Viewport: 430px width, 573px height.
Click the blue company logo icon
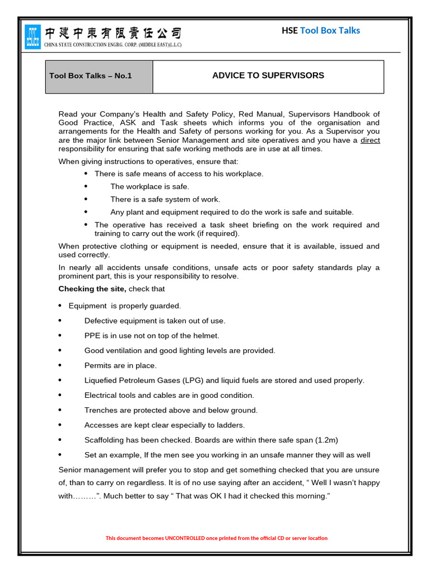[x=33, y=37]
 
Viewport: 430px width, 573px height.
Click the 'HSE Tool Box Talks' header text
[x=320, y=30]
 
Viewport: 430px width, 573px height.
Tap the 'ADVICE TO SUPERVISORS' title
[x=268, y=76]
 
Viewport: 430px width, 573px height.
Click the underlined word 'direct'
[x=370, y=140]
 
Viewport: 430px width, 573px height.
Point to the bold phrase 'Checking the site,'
[x=92, y=289]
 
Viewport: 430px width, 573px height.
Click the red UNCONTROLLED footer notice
[x=217, y=538]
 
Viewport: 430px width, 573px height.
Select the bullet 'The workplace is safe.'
[x=149, y=186]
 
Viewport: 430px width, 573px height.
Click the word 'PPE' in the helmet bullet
[x=93, y=336]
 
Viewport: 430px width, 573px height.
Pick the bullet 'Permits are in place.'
[x=120, y=365]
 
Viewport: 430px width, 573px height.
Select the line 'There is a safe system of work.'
[x=165, y=199]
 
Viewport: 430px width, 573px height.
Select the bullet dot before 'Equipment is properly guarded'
[x=60, y=306]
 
